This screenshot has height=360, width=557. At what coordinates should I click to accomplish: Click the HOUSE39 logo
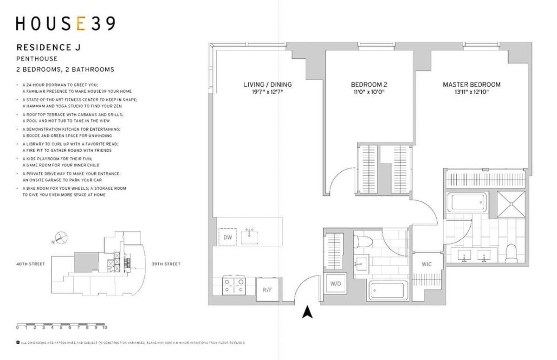coord(65,23)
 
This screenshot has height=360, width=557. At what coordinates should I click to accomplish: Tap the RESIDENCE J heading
coord(44,47)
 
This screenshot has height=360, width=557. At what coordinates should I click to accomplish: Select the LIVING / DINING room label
coord(268,84)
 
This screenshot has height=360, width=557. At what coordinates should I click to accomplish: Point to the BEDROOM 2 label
coord(369,84)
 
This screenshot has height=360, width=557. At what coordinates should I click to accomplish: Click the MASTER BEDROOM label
coord(472,84)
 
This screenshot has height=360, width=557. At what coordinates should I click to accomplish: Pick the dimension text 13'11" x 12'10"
coord(472,92)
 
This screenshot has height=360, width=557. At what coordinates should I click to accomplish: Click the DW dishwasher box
coord(227,237)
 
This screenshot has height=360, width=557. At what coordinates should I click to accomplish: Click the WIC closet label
coord(427,264)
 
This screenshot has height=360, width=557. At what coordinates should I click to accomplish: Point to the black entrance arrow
coord(306,312)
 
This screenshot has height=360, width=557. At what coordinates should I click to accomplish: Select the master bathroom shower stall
coord(510,203)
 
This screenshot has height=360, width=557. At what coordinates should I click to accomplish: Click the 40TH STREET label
coord(31,264)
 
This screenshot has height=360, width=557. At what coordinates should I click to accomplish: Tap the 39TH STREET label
coord(166,264)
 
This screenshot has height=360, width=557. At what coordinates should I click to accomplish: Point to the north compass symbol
coord(61,238)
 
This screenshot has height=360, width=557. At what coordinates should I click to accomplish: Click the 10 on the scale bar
coord(105,328)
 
